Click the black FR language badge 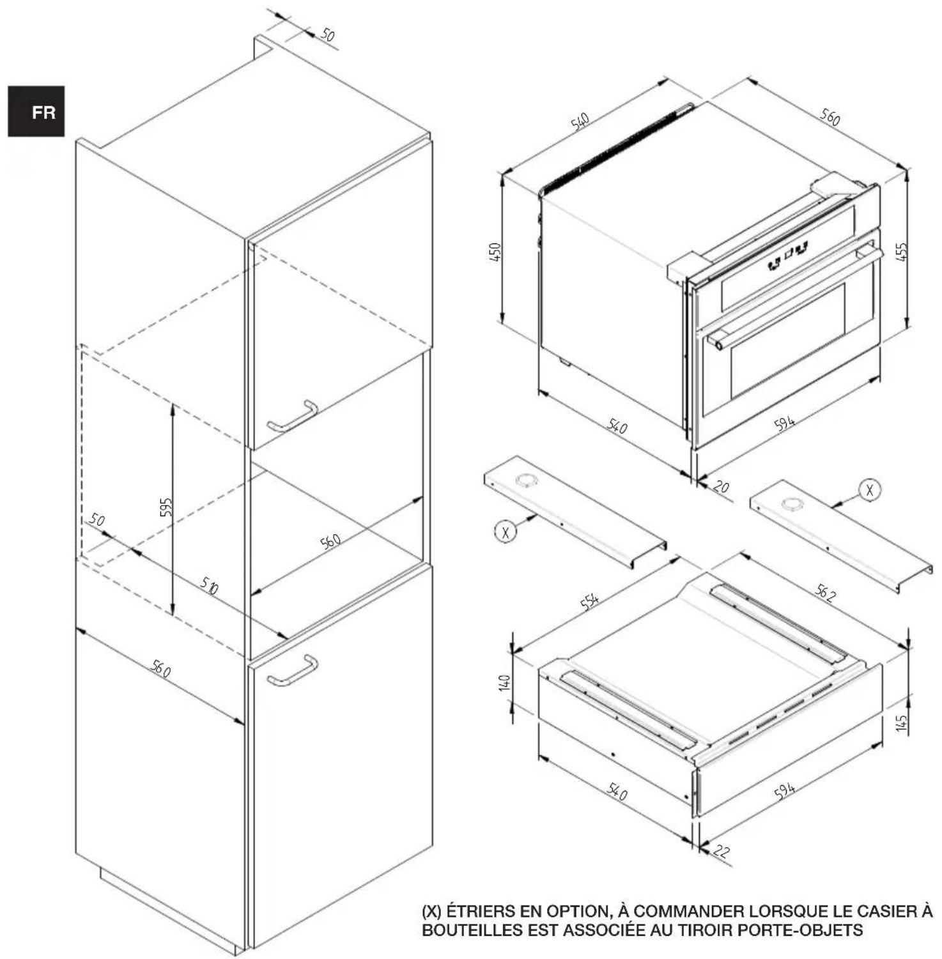click(36, 111)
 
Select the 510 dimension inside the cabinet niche click(209, 585)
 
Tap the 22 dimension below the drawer click(720, 851)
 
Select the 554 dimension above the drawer click(589, 601)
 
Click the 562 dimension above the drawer click(824, 593)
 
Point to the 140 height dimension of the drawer click(505, 682)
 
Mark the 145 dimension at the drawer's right click(901, 723)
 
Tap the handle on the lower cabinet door click(293, 671)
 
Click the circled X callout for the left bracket click(506, 532)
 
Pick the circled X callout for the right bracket click(869, 490)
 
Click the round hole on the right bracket click(792, 504)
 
